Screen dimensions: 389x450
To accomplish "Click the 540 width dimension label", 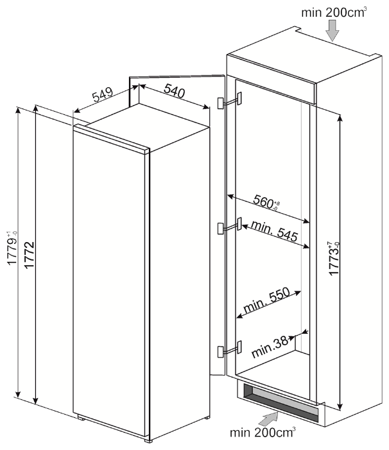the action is pos(175,91).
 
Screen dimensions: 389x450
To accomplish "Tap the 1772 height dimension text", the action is pos(30,255).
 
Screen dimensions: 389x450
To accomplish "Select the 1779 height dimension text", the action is pos(13,248).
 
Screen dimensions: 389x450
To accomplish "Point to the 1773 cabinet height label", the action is pos(334,259).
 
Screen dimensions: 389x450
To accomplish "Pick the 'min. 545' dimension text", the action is pos(275,231).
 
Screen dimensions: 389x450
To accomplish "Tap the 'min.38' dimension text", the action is pos(270,347).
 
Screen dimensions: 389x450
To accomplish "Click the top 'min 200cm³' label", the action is pos(334,12).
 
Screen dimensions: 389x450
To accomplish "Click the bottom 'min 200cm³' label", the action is pos(263,432).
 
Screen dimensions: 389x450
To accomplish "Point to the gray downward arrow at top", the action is pos(333,31).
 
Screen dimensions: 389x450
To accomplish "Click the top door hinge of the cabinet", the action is pos(230,100).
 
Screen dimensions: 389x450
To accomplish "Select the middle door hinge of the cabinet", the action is pos(230,226).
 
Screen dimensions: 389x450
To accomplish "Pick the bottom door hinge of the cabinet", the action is pos(230,349).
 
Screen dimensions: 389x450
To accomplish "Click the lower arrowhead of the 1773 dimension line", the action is pos(340,407).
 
